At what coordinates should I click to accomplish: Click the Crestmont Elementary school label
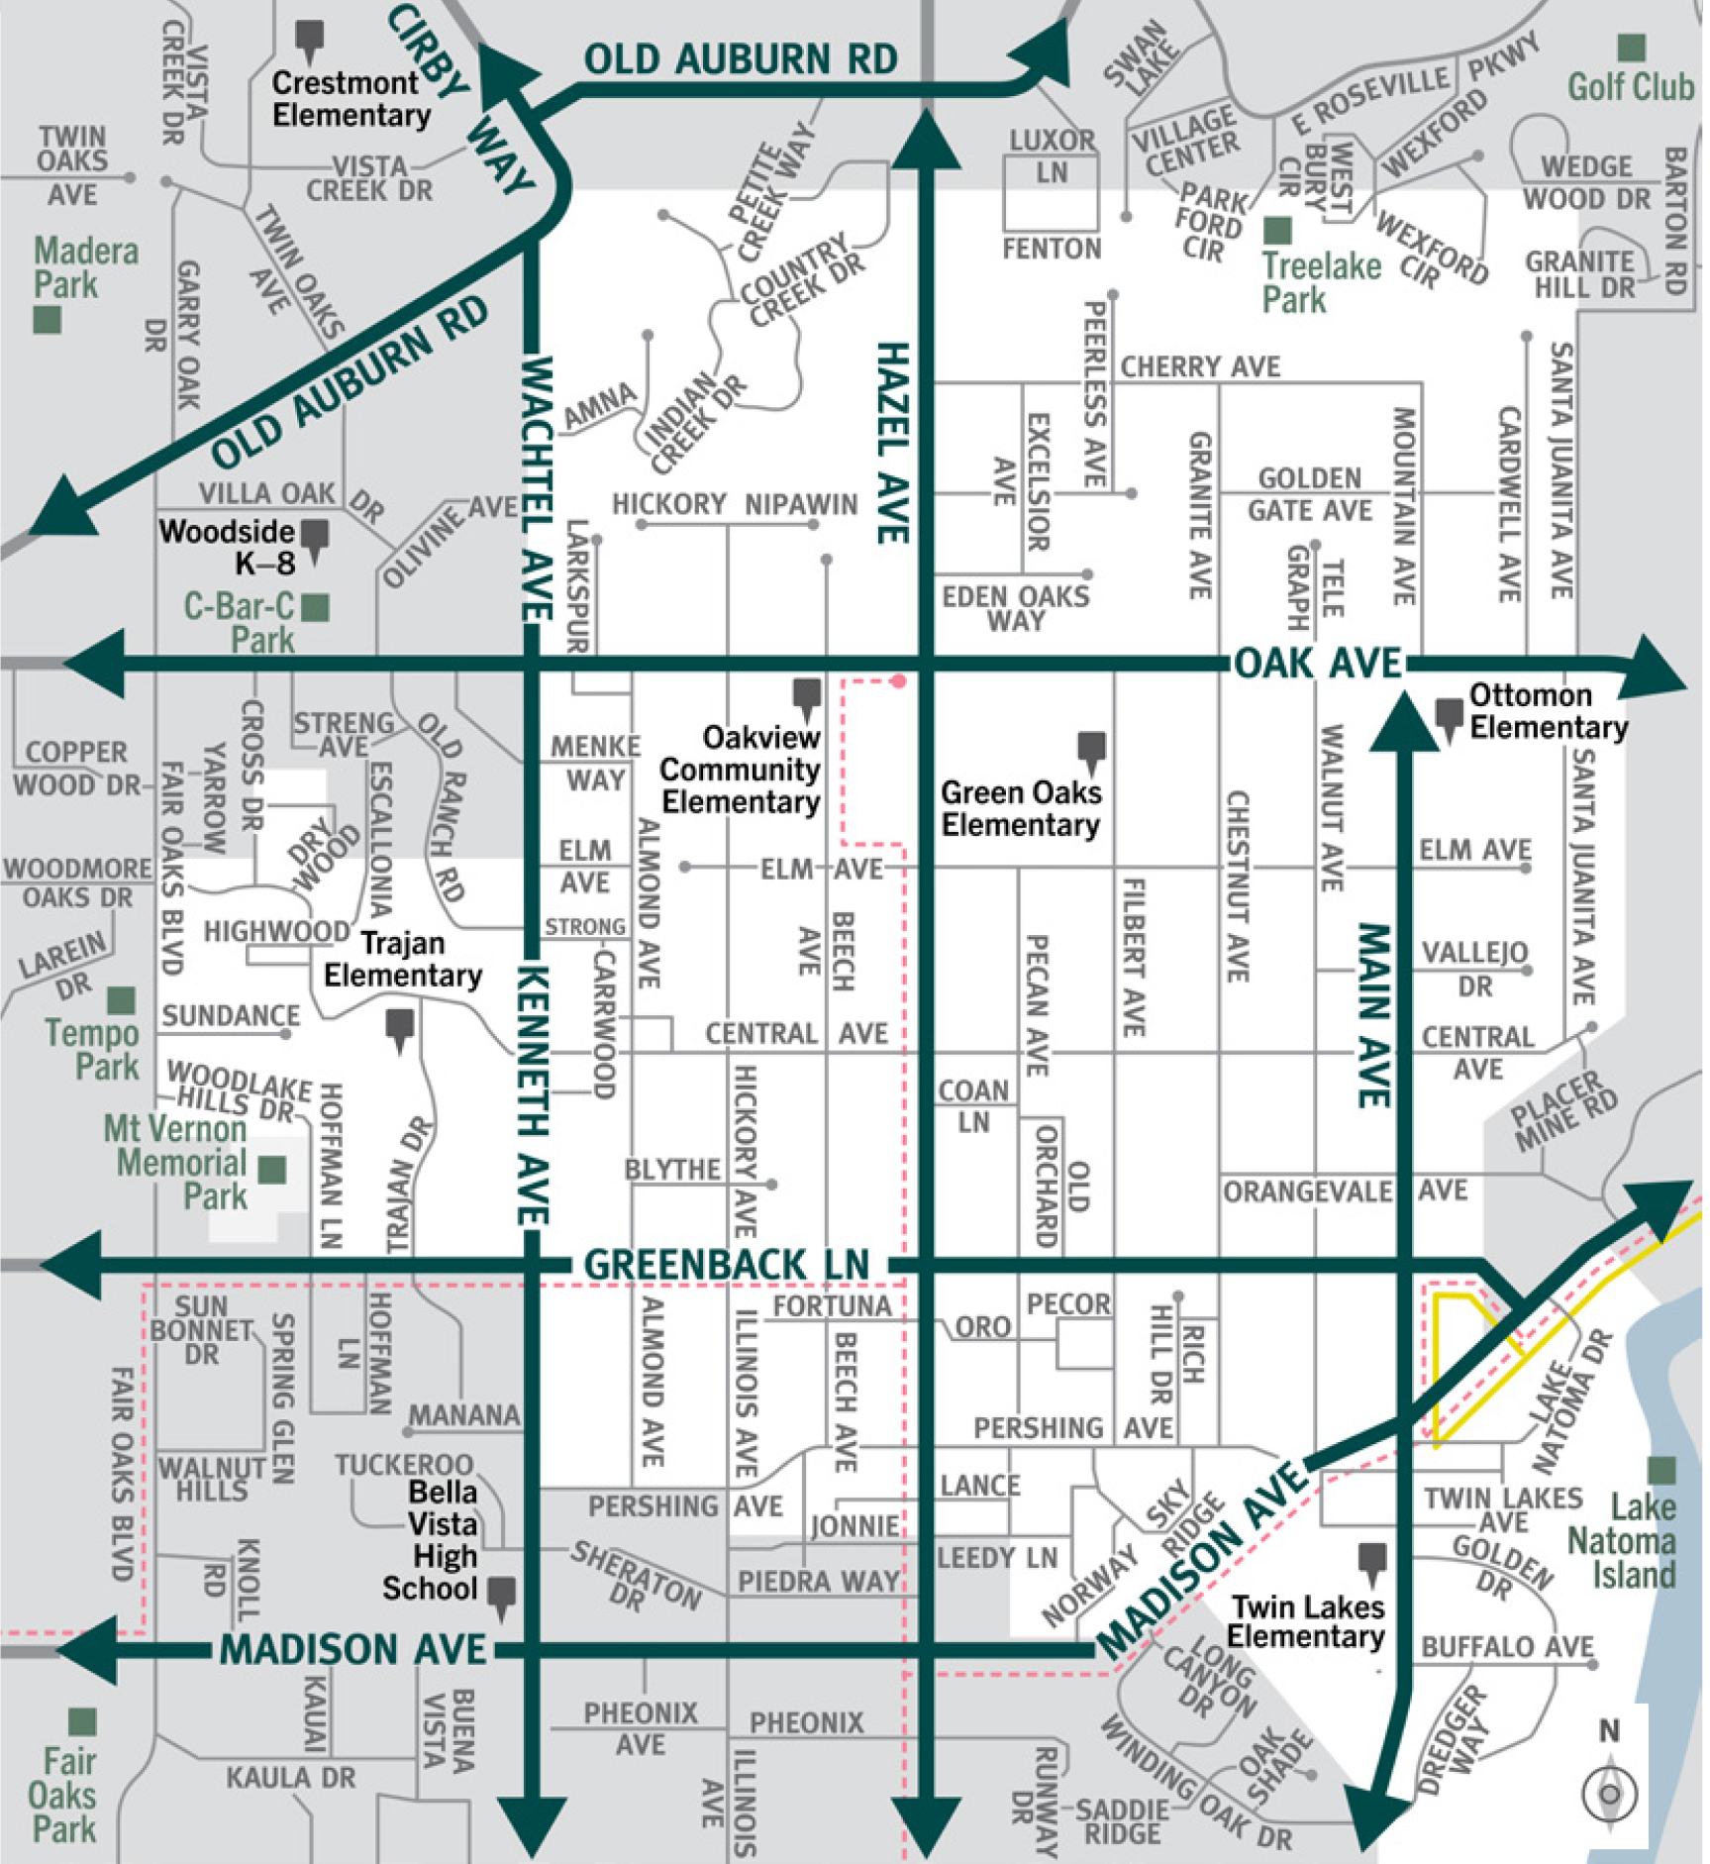click(352, 98)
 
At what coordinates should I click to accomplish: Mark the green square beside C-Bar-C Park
click(316, 607)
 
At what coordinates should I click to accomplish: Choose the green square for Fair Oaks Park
click(82, 1721)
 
